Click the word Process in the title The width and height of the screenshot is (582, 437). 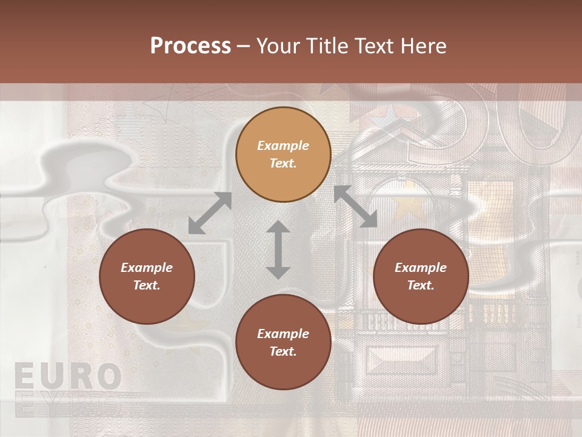click(x=190, y=46)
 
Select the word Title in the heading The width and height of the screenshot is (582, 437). click(x=327, y=46)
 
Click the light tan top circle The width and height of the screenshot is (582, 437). click(x=283, y=155)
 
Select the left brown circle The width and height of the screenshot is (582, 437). click(x=147, y=276)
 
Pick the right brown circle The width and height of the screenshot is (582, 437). click(x=421, y=276)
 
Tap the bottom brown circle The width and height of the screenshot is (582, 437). click(x=283, y=342)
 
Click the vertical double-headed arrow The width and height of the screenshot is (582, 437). click(x=278, y=249)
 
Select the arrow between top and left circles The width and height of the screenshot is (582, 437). click(x=210, y=213)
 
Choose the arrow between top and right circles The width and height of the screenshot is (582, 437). click(x=356, y=206)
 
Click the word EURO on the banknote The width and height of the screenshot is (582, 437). click(x=67, y=376)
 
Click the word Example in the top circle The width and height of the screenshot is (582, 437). click(x=283, y=146)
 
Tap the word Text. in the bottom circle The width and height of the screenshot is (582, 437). click(x=283, y=351)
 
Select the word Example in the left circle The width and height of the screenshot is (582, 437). click(x=147, y=268)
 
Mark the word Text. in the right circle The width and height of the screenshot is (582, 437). click(x=421, y=285)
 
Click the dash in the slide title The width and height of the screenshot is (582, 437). click(x=244, y=46)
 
